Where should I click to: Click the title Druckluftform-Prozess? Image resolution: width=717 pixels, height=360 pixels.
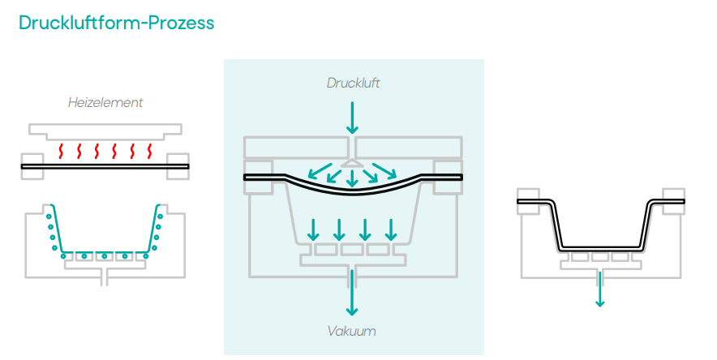(x=116, y=23)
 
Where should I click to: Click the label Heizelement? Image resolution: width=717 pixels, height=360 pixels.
(x=105, y=103)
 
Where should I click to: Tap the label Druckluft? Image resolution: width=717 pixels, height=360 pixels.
(x=353, y=83)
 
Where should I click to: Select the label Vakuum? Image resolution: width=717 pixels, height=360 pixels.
(x=352, y=331)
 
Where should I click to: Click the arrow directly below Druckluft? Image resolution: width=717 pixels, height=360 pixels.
(x=352, y=118)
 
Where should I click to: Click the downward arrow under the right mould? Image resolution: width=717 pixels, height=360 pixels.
(x=599, y=289)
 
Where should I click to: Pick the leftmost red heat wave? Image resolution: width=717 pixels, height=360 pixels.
(x=61, y=151)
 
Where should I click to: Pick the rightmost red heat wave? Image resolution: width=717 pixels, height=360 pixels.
(x=150, y=151)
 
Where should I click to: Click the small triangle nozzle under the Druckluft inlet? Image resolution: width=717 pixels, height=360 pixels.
(x=352, y=164)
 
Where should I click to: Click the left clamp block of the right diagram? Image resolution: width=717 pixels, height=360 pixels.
(x=528, y=201)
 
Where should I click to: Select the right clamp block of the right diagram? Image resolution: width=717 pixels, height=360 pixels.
(x=672, y=200)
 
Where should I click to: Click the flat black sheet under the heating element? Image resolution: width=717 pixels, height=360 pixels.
(x=105, y=166)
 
